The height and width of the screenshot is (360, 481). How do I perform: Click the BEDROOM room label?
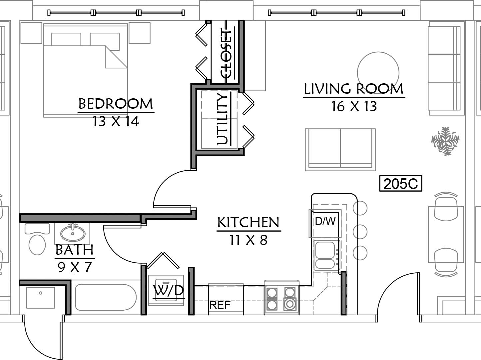click(x=116, y=104)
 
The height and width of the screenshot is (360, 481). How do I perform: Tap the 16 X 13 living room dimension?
click(x=354, y=106)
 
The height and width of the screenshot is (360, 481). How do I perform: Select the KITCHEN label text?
click(x=248, y=222)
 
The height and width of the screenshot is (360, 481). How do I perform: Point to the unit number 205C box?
click(x=401, y=184)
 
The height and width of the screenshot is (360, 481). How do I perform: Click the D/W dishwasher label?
click(x=325, y=221)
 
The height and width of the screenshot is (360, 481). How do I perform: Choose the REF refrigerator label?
click(x=220, y=305)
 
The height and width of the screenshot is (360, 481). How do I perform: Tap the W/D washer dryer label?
click(x=169, y=290)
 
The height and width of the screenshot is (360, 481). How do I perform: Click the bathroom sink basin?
click(x=73, y=233)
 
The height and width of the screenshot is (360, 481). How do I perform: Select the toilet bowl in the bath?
click(x=37, y=245)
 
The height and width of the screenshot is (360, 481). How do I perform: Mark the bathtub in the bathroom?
click(x=106, y=298)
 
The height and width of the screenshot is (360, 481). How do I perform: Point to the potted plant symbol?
click(x=445, y=141)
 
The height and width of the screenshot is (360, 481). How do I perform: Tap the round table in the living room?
click(x=378, y=73)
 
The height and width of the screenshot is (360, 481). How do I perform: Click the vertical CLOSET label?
click(x=227, y=54)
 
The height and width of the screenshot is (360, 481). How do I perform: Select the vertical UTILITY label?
click(x=223, y=119)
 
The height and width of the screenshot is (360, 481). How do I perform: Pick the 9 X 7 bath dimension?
click(x=75, y=267)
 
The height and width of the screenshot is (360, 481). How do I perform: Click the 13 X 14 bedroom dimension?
click(x=116, y=121)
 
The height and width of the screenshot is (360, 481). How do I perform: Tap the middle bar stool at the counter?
click(x=360, y=232)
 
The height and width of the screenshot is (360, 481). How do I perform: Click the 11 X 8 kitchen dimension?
click(x=248, y=240)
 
